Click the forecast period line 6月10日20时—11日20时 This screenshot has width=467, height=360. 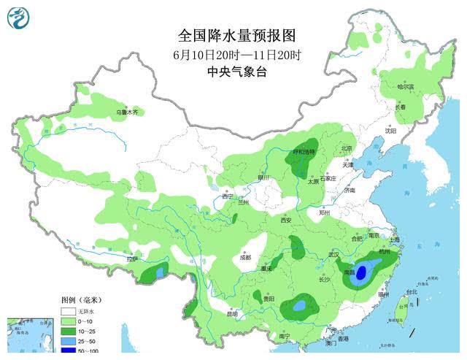click(x=238, y=54)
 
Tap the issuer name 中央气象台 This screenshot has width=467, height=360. click(x=238, y=72)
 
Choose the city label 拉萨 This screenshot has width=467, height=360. click(x=132, y=258)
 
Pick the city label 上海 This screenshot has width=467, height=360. click(x=395, y=240)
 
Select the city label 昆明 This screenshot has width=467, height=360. click(x=232, y=314)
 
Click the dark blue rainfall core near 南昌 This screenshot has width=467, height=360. click(x=359, y=274)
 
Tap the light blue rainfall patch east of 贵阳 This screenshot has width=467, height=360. click(x=299, y=304)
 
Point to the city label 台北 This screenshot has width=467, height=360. click(x=412, y=291)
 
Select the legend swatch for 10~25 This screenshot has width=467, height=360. click(x=69, y=332)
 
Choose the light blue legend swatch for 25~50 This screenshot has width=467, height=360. click(x=69, y=342)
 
